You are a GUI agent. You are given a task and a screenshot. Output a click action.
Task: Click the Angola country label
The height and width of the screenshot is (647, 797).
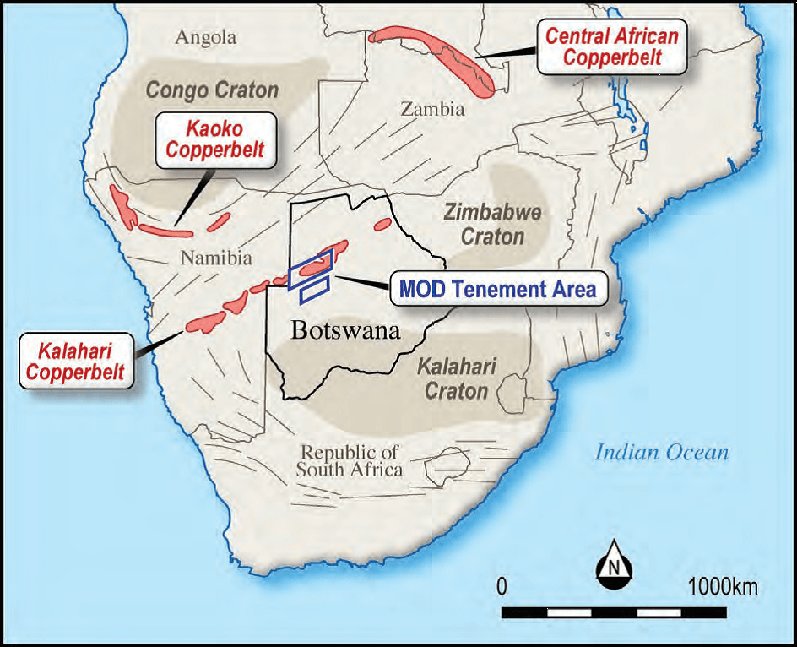[207, 37]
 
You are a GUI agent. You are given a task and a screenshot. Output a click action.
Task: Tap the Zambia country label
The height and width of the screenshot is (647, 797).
[432, 109]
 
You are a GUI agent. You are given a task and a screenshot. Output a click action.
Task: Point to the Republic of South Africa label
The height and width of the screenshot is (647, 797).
[350, 460]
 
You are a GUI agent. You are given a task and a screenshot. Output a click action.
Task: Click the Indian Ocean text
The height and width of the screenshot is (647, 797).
[661, 452]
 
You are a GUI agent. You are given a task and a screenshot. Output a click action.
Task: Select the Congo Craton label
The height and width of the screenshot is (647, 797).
[212, 89]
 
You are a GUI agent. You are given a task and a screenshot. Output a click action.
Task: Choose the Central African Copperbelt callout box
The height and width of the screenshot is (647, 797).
[612, 46]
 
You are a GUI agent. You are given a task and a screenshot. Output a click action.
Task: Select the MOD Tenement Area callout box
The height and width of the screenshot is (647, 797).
[497, 289]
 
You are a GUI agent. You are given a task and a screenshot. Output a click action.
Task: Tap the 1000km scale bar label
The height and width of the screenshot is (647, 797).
[723, 586]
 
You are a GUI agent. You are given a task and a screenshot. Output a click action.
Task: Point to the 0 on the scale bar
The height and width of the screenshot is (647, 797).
[502, 586]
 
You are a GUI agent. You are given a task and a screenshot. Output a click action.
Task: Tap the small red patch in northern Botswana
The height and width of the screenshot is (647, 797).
[382, 225]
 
